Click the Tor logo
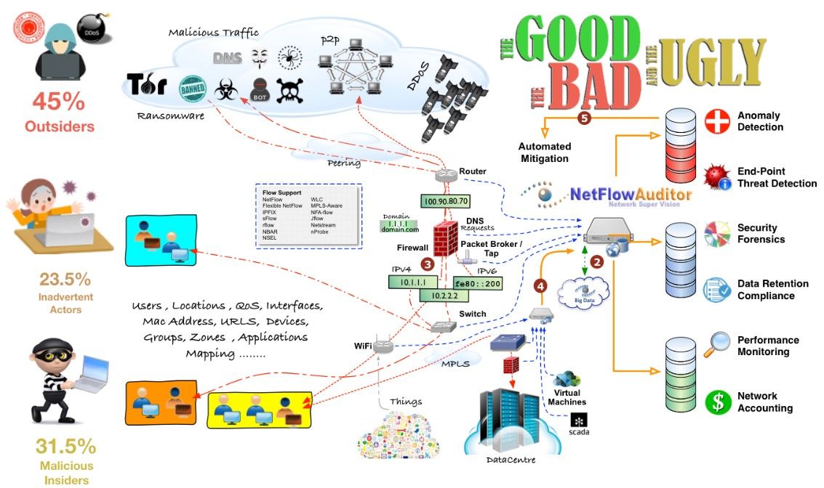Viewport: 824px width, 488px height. click(x=148, y=85)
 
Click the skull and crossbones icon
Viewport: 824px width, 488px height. click(x=289, y=90)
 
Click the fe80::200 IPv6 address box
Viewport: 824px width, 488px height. click(x=478, y=283)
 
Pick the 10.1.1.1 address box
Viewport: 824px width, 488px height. click(x=413, y=280)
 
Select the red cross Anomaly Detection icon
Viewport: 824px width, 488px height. click(x=717, y=121)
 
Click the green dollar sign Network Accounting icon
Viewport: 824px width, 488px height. click(x=717, y=402)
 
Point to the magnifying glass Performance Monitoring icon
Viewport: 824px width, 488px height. click(x=719, y=344)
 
